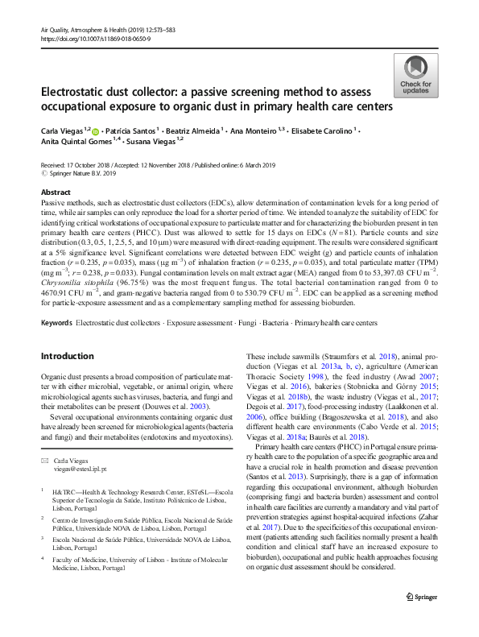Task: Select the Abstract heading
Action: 55,192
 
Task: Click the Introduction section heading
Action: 67,355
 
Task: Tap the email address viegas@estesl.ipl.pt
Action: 81,468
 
